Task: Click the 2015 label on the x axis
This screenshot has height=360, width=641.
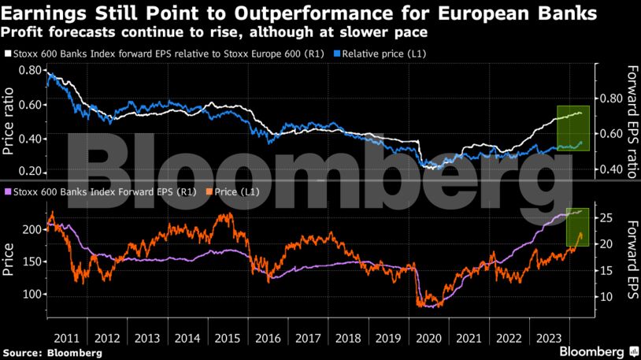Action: tap(228, 338)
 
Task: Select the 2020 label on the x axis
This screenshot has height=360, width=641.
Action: tap(429, 338)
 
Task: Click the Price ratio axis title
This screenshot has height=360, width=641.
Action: tap(9, 121)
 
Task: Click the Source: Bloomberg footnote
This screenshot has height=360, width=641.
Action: tap(52, 353)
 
